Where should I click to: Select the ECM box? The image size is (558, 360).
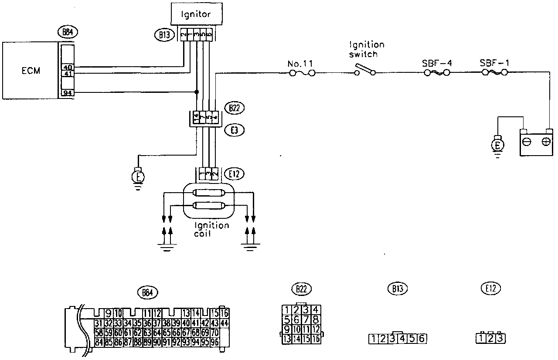click(30, 71)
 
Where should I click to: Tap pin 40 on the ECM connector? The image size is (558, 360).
click(68, 67)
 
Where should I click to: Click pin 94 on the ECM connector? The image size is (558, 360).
click(68, 92)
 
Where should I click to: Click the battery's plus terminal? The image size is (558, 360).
click(545, 142)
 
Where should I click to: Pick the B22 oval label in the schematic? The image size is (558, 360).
click(232, 108)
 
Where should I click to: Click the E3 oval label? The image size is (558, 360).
click(232, 129)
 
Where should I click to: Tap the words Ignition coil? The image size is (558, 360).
click(212, 230)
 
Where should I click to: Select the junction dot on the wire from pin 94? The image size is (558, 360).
click(197, 92)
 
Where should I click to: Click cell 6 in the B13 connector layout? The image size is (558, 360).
click(422, 338)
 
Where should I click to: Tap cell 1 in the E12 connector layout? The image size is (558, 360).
click(481, 338)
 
